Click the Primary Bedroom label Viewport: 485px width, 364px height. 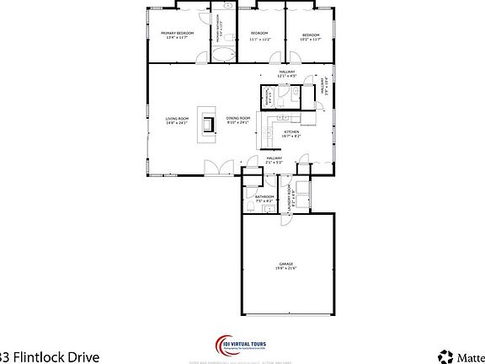click(178, 35)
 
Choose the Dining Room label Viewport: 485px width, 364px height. click(238, 120)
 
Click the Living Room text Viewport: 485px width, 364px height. click(177, 120)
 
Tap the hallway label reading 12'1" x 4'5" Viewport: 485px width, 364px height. click(286, 73)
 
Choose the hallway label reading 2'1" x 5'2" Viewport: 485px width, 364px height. click(274, 160)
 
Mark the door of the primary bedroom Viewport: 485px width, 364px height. click(200, 58)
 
